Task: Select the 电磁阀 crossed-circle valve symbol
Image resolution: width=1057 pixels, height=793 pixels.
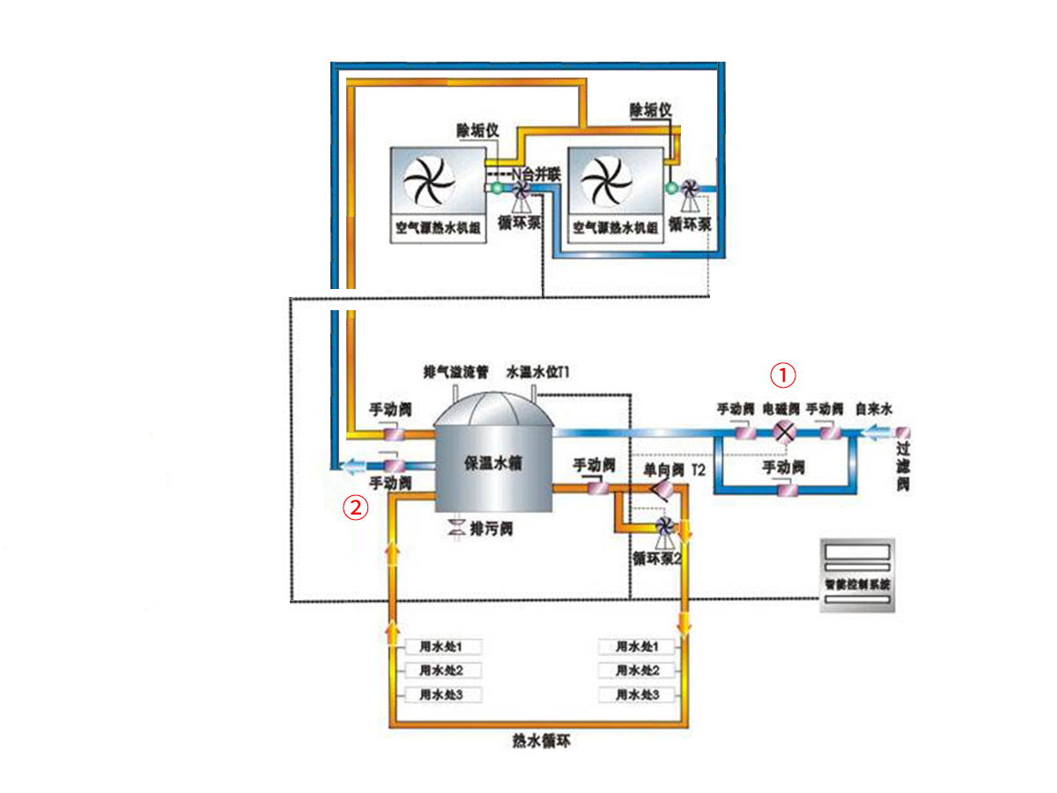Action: coord(783,432)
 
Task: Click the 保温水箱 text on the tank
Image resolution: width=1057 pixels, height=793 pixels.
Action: coord(493,463)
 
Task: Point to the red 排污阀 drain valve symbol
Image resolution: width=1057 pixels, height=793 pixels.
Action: coord(458,528)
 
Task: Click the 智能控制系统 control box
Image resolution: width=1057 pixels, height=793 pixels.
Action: coord(858,576)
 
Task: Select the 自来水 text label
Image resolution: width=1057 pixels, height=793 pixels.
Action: coord(875,410)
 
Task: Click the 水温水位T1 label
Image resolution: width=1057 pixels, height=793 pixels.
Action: coord(539,372)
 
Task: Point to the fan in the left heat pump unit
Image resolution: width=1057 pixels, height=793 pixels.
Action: coord(427,182)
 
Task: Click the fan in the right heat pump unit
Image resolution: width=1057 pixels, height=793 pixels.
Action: coord(607,182)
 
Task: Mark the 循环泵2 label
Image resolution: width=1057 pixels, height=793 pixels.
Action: coord(657,558)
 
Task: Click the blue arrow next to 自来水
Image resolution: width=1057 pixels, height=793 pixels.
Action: coord(878,432)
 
